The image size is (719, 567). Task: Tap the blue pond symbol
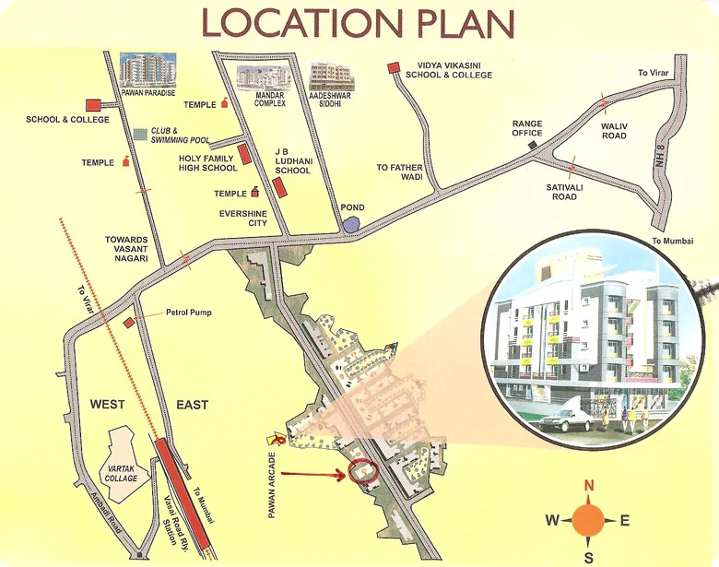[350, 222]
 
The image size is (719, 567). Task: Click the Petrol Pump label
[188, 313]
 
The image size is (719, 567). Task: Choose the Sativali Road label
[560, 191]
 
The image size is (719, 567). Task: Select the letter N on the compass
[589, 487]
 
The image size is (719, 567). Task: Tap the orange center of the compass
[589, 521]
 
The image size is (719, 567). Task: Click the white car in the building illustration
[565, 420]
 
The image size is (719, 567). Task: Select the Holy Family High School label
[206, 163]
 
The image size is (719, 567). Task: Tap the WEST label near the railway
[107, 405]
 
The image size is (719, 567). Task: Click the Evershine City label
[242, 218]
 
